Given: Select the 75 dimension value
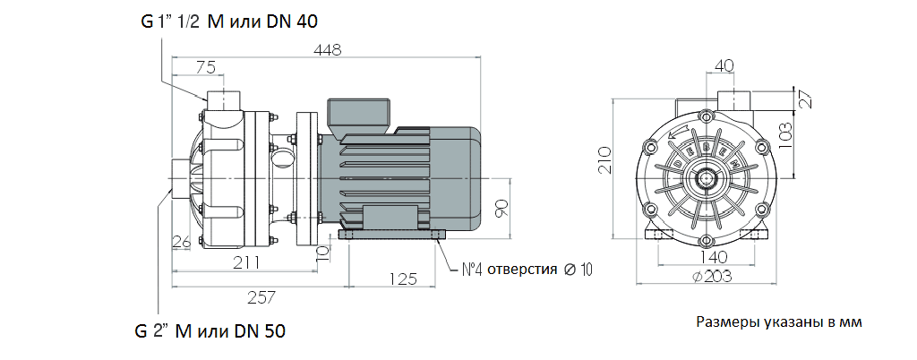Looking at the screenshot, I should click(206, 65).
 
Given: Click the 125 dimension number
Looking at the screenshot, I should click(401, 279).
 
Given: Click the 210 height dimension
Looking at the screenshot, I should click(604, 159).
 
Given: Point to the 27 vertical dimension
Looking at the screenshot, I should click(804, 99).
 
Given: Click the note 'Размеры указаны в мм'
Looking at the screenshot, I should click(778, 322).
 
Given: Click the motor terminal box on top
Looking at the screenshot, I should click(359, 115).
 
